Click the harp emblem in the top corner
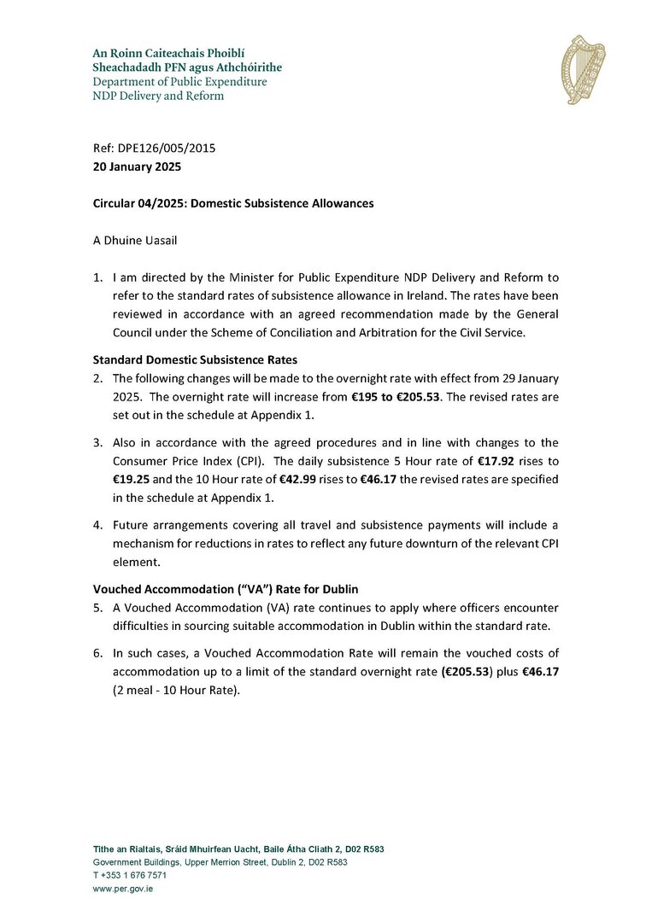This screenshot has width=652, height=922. pyautogui.click(x=583, y=70)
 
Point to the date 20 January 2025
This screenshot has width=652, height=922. pyautogui.click(x=137, y=166)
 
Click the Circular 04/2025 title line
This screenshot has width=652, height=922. pyautogui.click(x=232, y=203)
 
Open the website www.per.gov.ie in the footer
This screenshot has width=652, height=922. pyautogui.click(x=123, y=888)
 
